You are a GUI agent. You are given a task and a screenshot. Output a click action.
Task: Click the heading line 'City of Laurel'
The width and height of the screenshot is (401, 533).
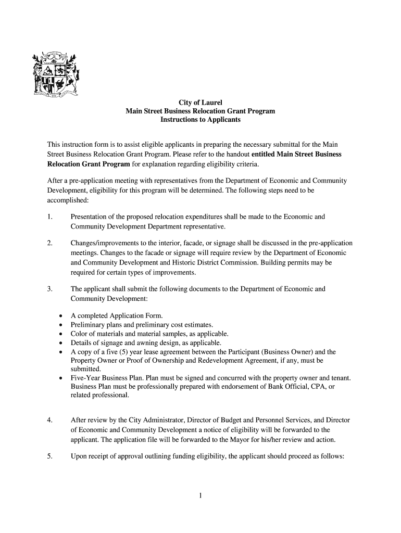coord(200,103)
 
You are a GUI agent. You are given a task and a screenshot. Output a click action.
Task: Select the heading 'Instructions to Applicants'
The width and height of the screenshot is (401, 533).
coord(200,120)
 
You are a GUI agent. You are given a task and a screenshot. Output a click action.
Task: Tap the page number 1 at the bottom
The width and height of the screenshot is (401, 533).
coord(200,496)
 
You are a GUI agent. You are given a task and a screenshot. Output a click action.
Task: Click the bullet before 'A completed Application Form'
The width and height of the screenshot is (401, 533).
coord(61,316)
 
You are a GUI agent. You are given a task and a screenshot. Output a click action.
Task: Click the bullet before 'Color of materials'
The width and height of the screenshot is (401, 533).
coord(61,334)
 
